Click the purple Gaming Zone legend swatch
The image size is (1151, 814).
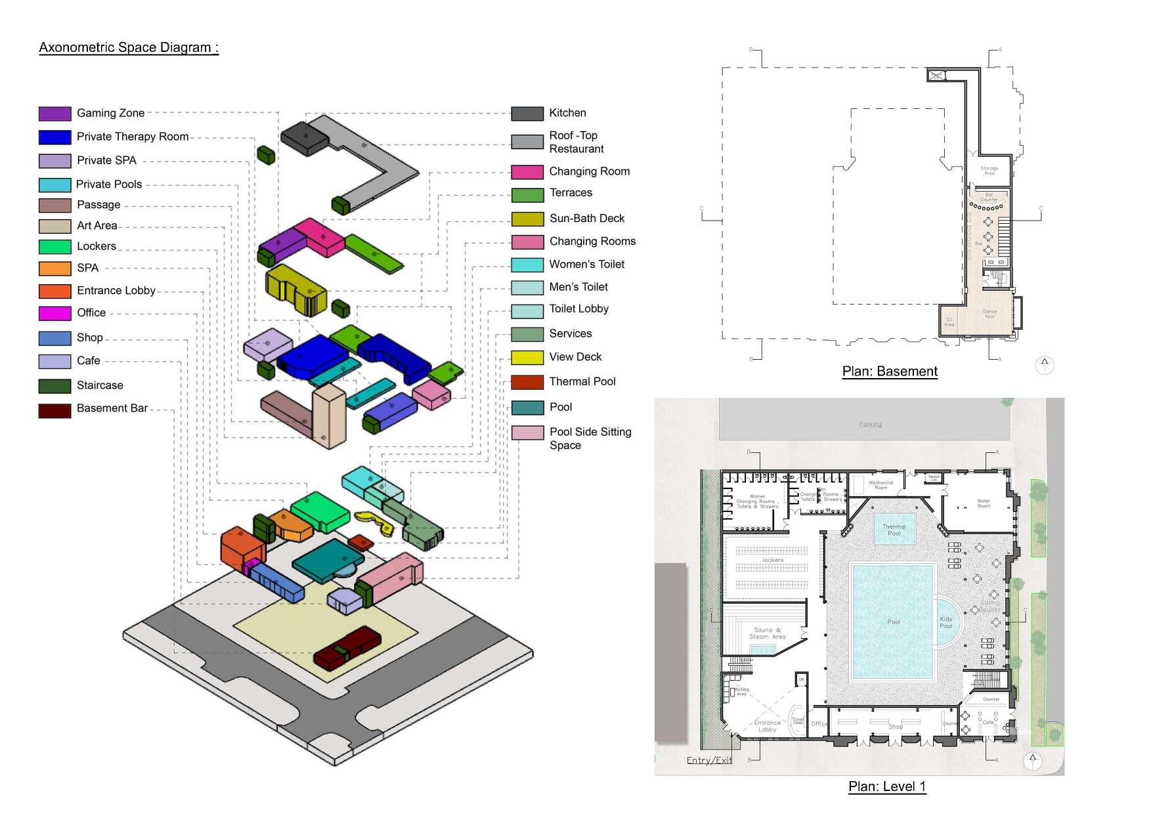54,114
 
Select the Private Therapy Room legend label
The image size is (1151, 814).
132,137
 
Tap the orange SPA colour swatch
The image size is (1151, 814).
54,268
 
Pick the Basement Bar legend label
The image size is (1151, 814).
112,408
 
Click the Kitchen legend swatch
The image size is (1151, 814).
527,114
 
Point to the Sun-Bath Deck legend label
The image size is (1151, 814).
586,219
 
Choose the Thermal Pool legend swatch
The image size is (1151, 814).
527,382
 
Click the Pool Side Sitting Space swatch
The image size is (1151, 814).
527,433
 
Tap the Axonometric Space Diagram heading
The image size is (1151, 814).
129,47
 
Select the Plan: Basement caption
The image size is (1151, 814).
890,372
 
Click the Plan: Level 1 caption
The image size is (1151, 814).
887,786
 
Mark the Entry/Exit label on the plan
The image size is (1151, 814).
708,760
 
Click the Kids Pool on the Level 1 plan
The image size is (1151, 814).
946,622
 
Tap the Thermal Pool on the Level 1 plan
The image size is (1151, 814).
894,530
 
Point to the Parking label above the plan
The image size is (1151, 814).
870,424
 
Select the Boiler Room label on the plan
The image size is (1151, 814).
984,503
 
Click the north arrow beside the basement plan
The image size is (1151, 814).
1045,364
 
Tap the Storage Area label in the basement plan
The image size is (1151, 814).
989,171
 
